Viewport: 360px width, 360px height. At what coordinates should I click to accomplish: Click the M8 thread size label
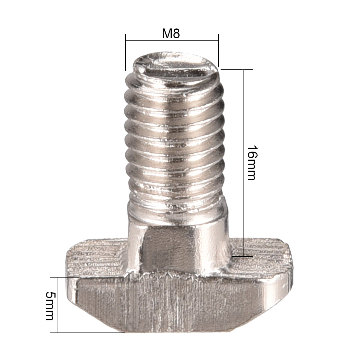[x=171, y=34]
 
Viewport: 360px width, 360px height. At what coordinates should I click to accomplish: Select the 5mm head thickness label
[x=50, y=306]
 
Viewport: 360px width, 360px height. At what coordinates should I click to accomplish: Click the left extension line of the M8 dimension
[x=125, y=52]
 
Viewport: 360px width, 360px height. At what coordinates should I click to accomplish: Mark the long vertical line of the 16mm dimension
[x=243, y=131]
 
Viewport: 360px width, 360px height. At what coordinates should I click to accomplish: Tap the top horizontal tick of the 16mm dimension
[x=237, y=70]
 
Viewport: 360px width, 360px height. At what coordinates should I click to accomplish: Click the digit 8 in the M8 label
[x=176, y=34]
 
